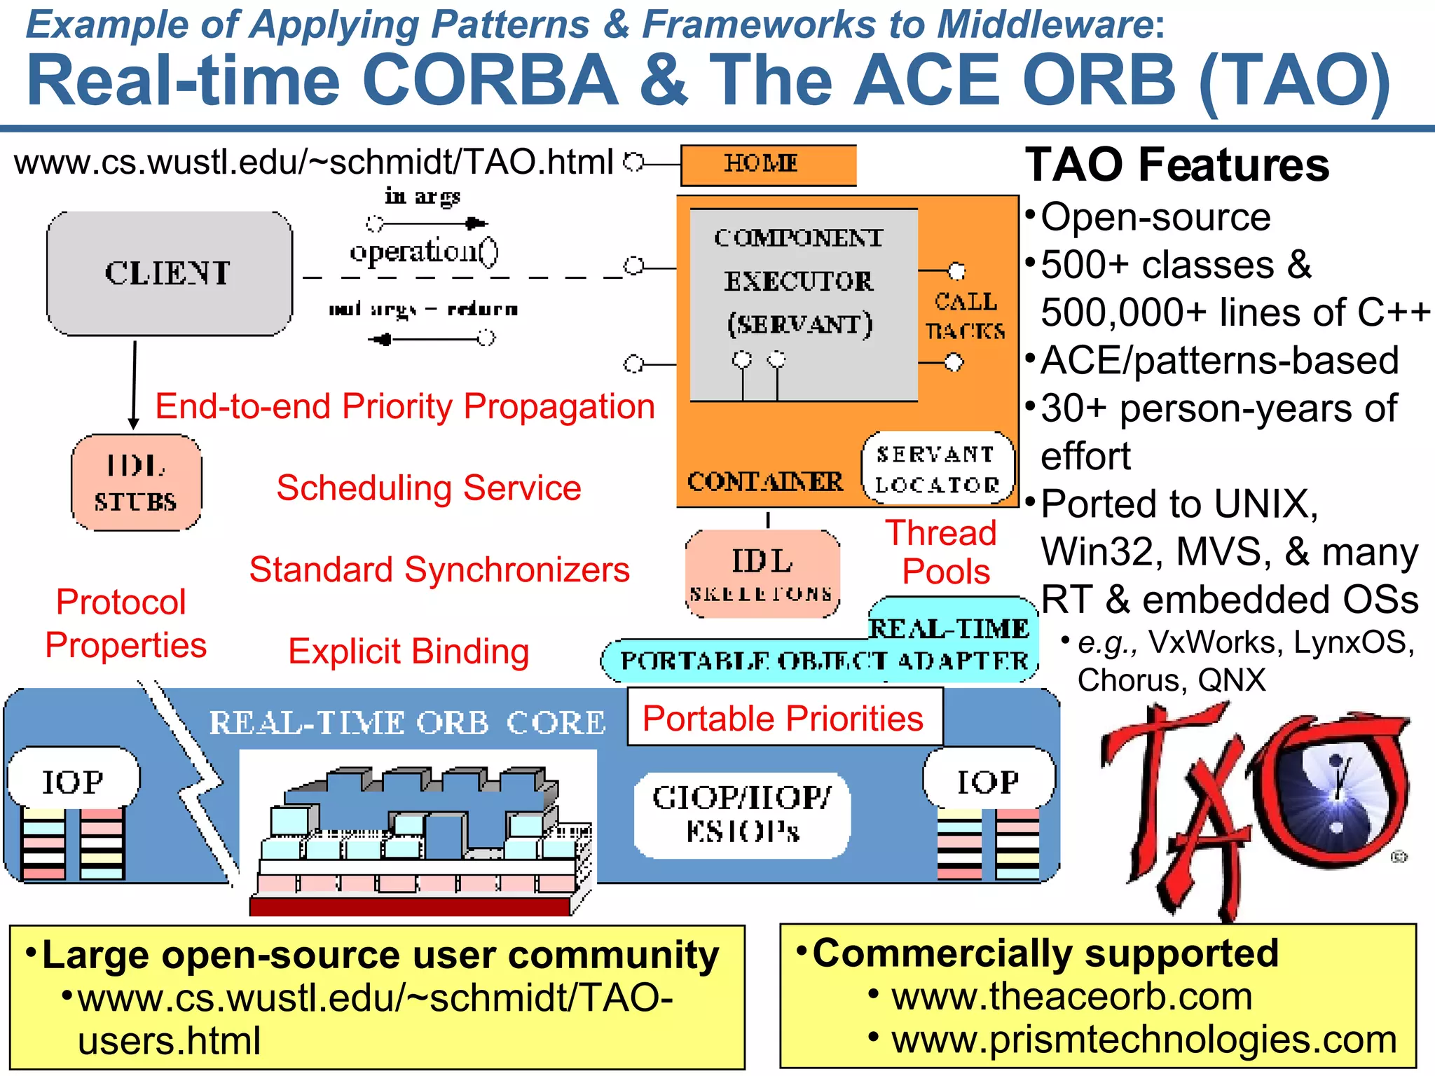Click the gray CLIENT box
[169, 273]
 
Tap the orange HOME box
[768, 165]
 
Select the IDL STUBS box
[136, 483]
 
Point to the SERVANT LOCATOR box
[938, 469]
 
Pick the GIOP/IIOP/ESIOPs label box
[742, 815]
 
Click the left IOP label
[73, 780]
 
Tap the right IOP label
[988, 780]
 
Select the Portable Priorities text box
[784, 717]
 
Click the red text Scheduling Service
[429, 488]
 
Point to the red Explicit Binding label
[408, 651]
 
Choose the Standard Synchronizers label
[439, 570]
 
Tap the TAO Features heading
[1176, 165]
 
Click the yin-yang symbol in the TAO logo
[1337, 792]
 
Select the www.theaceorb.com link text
[1071, 996]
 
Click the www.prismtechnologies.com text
[1144, 1040]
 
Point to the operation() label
[423, 251]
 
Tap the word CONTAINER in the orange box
[764, 482]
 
